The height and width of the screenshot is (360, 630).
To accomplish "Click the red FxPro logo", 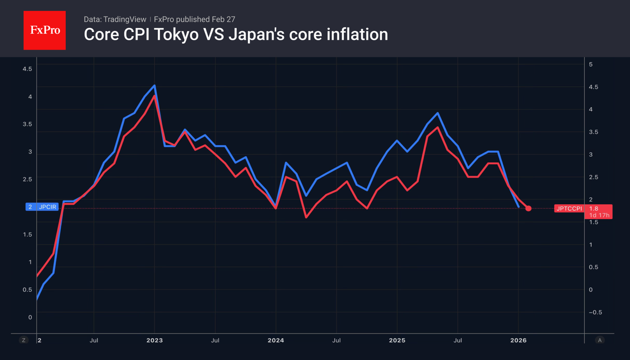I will pyautogui.click(x=44, y=30).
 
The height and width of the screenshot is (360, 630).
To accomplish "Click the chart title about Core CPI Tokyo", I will pyautogui.click(x=235, y=34).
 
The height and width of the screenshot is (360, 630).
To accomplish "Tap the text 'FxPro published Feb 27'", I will pyautogui.click(x=194, y=19).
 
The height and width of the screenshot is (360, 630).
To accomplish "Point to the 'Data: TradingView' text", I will pyautogui.click(x=115, y=19).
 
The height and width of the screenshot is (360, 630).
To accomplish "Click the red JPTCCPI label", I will pyautogui.click(x=569, y=208).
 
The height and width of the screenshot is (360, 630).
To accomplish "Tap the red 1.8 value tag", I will pyautogui.click(x=594, y=208).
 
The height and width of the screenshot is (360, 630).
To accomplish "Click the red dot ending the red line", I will pyautogui.click(x=529, y=208).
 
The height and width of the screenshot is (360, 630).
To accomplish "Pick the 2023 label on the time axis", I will pyautogui.click(x=155, y=340).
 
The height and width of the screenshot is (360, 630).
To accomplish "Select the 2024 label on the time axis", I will pyautogui.click(x=276, y=340).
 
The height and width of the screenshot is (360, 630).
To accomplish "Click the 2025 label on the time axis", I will pyautogui.click(x=397, y=340).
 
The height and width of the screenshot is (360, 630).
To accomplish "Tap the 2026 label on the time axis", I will pyautogui.click(x=518, y=340).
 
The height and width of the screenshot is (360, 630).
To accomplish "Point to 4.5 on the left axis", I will pyautogui.click(x=27, y=69).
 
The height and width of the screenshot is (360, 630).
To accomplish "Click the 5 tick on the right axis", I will pyautogui.click(x=591, y=64).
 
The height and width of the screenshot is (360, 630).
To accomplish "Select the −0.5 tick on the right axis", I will pyautogui.click(x=595, y=312).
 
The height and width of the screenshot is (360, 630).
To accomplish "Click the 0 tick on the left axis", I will pyautogui.click(x=30, y=317).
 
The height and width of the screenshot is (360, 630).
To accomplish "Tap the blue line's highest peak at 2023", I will pyautogui.click(x=155, y=85).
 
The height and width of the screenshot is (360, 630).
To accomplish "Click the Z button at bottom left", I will pyautogui.click(x=24, y=340).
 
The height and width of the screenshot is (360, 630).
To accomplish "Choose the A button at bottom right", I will pyautogui.click(x=599, y=340).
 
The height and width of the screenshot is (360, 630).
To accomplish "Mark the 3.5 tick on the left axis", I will pyautogui.click(x=27, y=124).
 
